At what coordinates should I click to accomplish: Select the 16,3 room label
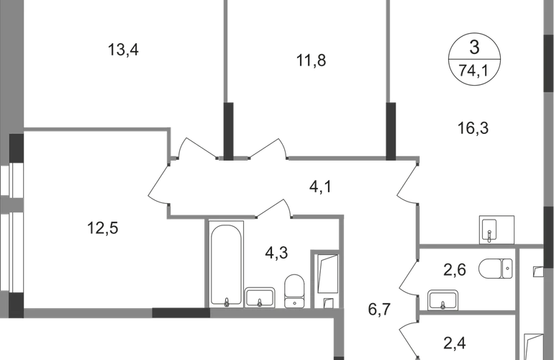click(473, 130)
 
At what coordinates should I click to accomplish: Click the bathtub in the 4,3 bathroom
click(227, 264)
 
